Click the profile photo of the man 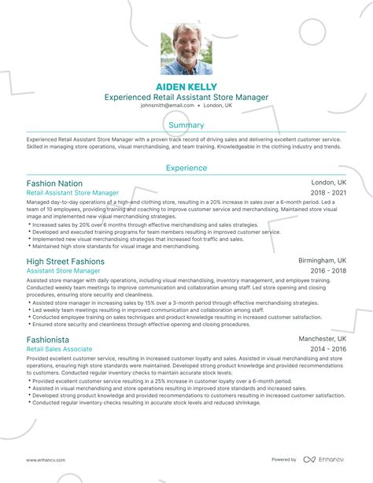[x=186, y=52]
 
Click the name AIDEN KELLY [x=186, y=86]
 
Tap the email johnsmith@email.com [x=168, y=105]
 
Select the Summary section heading [x=186, y=124]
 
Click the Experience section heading [x=186, y=168]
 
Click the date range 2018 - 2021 [x=327, y=192]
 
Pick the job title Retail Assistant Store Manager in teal [x=72, y=192]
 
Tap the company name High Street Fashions [x=65, y=261]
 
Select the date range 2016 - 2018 [x=327, y=270]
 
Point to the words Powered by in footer [x=283, y=460]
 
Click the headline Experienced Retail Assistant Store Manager [x=186, y=97]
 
